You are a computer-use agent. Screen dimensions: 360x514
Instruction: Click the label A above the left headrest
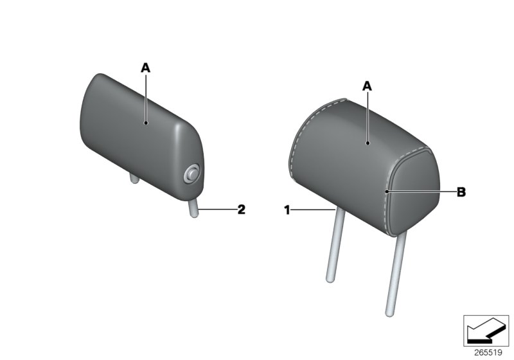pos(146,66)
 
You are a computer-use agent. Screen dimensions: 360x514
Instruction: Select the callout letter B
pos(461,192)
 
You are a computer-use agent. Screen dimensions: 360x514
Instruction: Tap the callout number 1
pos(287,209)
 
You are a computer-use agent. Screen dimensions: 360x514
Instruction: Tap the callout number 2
pos(241,209)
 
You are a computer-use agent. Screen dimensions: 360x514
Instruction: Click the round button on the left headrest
pos(191,173)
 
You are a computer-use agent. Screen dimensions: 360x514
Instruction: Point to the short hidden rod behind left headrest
pos(134,178)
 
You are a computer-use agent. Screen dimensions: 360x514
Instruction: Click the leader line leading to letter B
pos(420,192)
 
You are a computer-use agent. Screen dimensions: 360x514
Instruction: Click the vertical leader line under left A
pos(146,96)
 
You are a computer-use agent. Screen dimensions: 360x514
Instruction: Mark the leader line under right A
pos(367,116)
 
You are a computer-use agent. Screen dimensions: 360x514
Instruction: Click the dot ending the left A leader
pos(146,122)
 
